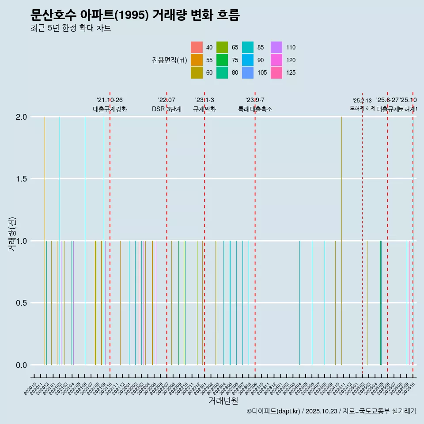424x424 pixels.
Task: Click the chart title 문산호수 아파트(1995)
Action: pos(135,15)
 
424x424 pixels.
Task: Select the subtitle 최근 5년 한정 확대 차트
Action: pos(71,28)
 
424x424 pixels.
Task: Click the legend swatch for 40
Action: pos(197,47)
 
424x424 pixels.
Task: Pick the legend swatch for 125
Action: pos(276,72)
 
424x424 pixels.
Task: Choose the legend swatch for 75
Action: pos(222,60)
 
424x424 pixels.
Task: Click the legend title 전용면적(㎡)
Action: pos(169,60)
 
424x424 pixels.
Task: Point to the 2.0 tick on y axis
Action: pos(22,117)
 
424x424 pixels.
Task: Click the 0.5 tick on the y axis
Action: pos(22,303)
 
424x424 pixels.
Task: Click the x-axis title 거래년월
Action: pos(223,401)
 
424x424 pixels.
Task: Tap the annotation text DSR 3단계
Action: pos(167,109)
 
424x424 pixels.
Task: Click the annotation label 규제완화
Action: pos(204,109)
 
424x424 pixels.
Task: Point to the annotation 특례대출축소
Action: pos(255,109)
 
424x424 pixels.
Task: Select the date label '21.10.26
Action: pos(110,100)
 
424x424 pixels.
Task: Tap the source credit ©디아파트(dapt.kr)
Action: pos(274,411)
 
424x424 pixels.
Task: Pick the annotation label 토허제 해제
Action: pos(362,108)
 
